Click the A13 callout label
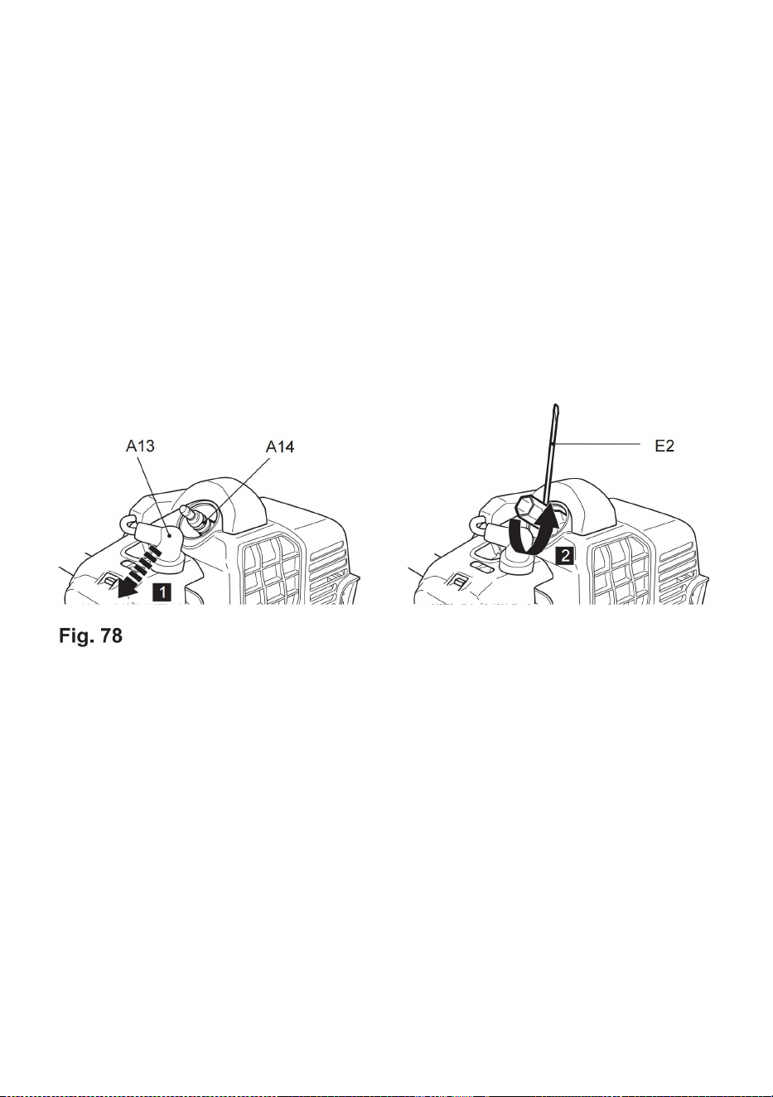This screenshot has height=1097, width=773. click(140, 446)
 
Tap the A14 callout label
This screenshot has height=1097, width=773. click(280, 447)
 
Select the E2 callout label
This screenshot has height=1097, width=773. click(664, 446)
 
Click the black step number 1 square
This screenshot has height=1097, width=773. click(162, 592)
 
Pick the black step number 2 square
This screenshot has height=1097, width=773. click(565, 556)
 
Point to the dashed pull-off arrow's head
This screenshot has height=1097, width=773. click(125, 588)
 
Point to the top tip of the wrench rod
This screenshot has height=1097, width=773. click(555, 405)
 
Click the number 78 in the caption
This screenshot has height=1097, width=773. click(111, 635)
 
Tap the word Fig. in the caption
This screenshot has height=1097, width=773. click(76, 636)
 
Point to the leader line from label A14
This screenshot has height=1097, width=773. click(237, 491)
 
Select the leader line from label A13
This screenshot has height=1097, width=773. click(154, 495)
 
